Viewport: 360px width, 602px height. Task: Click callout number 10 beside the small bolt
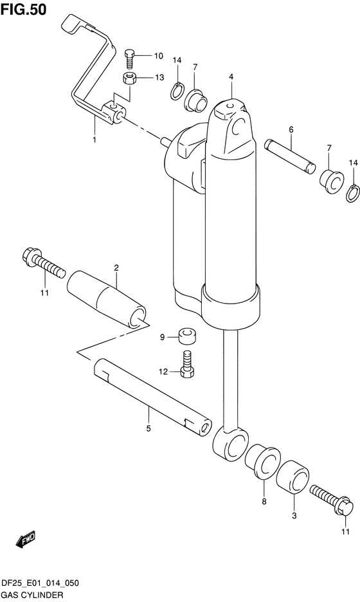158,56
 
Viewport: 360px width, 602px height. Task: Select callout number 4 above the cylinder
230,77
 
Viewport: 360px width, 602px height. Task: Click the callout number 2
116,267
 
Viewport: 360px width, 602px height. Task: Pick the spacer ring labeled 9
187,336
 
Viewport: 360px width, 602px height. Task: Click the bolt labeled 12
187,366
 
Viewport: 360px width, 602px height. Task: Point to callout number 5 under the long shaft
148,428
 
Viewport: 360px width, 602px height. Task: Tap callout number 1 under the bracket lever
94,139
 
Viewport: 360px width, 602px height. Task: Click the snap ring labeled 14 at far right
352,192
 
